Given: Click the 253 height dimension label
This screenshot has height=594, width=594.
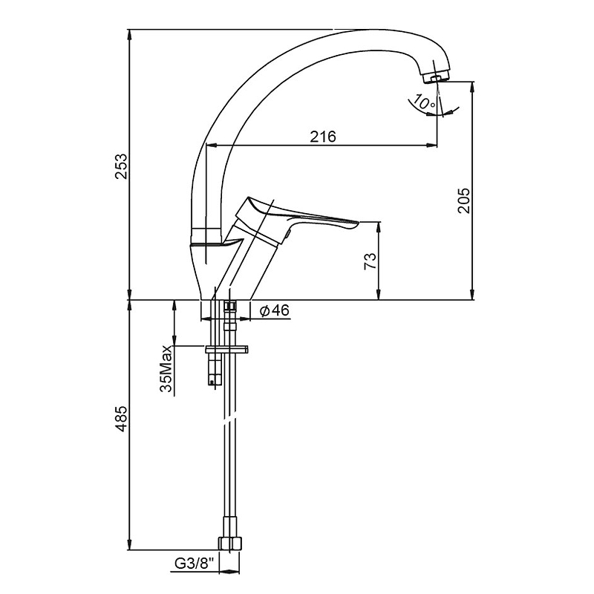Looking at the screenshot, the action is [121, 166].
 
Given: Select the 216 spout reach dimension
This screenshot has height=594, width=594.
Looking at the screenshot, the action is [323, 137].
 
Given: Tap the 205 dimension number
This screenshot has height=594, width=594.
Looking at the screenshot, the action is [463, 200].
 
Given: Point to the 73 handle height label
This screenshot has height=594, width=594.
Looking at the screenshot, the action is [370, 261].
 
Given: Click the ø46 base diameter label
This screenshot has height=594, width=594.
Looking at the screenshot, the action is [275, 310].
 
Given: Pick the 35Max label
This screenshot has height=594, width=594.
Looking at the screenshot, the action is [166, 368].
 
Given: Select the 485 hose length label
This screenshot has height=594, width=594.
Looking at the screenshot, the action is [121, 419].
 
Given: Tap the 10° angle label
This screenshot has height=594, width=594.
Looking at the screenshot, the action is [424, 102].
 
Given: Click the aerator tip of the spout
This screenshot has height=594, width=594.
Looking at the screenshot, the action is [436, 78].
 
